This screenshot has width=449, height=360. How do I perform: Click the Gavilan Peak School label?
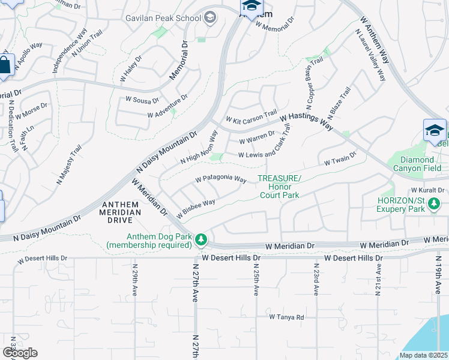pyautogui.click(x=163, y=18)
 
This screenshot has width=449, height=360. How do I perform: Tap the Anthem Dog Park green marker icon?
pyautogui.click(x=202, y=240)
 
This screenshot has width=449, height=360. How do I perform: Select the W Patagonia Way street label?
pyautogui.click(x=221, y=179)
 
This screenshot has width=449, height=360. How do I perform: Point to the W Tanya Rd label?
pyautogui.click(x=286, y=317)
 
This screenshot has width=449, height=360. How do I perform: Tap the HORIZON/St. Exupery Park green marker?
pyautogui.click(x=433, y=206)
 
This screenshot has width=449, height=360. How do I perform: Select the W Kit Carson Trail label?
pyautogui.click(x=251, y=115)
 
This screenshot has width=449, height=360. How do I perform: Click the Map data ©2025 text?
pyautogui.click(x=423, y=355)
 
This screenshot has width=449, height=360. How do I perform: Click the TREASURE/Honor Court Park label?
pyautogui.click(x=279, y=187)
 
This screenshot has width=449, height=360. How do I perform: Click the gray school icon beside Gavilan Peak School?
pyautogui.click(x=210, y=17)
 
